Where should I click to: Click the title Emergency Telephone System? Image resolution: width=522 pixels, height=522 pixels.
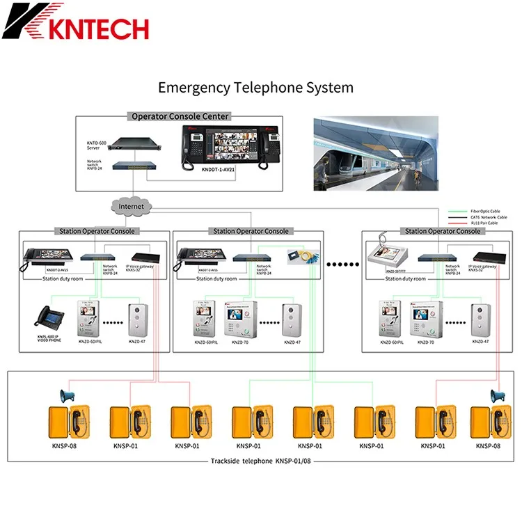coord(255,88)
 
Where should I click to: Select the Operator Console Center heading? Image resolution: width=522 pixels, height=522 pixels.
coord(180,116)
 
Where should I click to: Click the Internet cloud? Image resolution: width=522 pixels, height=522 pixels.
coord(131,206)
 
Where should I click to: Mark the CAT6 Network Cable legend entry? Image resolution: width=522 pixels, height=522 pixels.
coord(483,217)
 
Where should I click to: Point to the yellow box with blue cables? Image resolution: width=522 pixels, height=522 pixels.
coord(302,257)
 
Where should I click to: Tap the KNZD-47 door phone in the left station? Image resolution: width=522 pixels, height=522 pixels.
coord(137,319)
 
